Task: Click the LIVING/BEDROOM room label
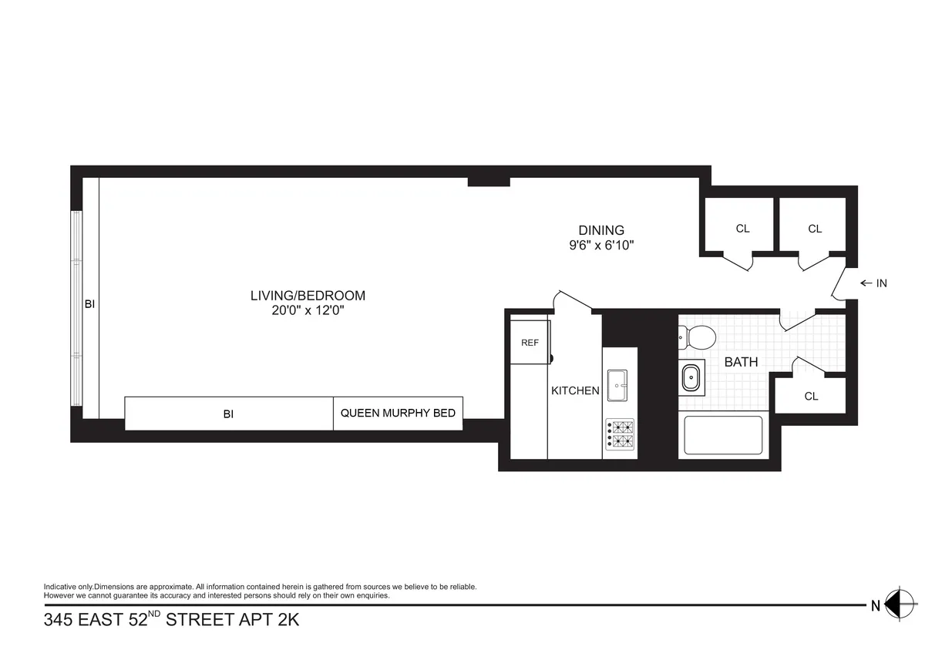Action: coord(308,296)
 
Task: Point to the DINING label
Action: coord(601,230)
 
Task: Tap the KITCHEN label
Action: coord(575,391)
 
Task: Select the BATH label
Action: coord(741,362)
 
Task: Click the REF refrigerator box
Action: coord(530,343)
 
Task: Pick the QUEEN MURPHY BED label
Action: coord(398,414)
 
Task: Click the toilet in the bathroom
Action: coord(698,336)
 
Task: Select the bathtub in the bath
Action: coord(723,435)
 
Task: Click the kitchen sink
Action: coord(617,385)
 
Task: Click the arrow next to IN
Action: coord(864,283)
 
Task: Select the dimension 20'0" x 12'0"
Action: coord(308,311)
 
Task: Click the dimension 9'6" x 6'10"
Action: coord(601,246)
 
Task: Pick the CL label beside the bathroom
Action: coord(811,397)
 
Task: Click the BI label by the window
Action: coord(89,304)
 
